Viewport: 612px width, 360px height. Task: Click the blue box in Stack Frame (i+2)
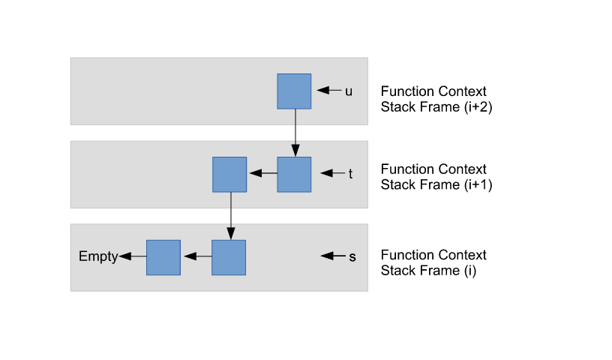tap(294, 91)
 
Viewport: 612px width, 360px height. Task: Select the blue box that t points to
tap(294, 174)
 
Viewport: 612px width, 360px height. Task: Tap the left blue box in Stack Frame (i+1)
tap(229, 174)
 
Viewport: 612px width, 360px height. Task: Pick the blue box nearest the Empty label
tap(163, 257)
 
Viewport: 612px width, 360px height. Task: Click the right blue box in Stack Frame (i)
tap(229, 257)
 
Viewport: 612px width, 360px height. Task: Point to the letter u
tap(349, 91)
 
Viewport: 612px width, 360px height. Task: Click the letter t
tap(350, 174)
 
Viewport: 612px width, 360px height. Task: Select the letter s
tap(352, 256)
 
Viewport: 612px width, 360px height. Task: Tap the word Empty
tap(98, 256)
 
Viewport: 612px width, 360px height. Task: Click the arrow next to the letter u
tap(328, 91)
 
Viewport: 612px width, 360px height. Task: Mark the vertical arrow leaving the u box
tap(294, 132)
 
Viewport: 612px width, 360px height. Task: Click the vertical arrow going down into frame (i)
tap(229, 215)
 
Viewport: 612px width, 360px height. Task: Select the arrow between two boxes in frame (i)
tap(196, 256)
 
